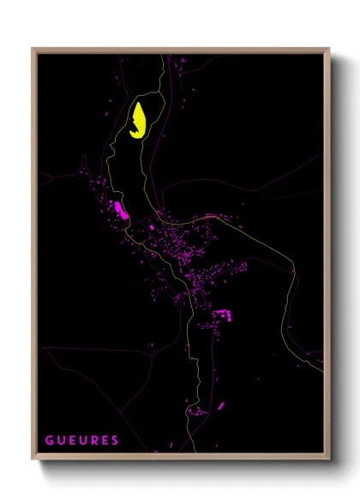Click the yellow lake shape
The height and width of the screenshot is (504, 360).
click(x=137, y=121)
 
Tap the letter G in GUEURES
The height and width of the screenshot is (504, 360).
click(x=50, y=441)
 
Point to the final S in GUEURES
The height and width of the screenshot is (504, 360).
click(x=115, y=441)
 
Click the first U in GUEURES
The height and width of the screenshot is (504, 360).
click(x=61, y=441)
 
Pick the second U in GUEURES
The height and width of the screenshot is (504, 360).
click(x=83, y=441)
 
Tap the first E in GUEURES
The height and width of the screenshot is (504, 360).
click(x=72, y=441)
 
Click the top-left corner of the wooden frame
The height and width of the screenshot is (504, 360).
click(x=33, y=48)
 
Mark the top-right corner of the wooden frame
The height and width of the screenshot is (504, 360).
click(x=329, y=48)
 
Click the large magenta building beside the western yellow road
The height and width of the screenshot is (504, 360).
click(x=119, y=208)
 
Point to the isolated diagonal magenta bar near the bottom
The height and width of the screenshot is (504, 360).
click(x=220, y=405)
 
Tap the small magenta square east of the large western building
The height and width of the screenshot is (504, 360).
click(x=152, y=227)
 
